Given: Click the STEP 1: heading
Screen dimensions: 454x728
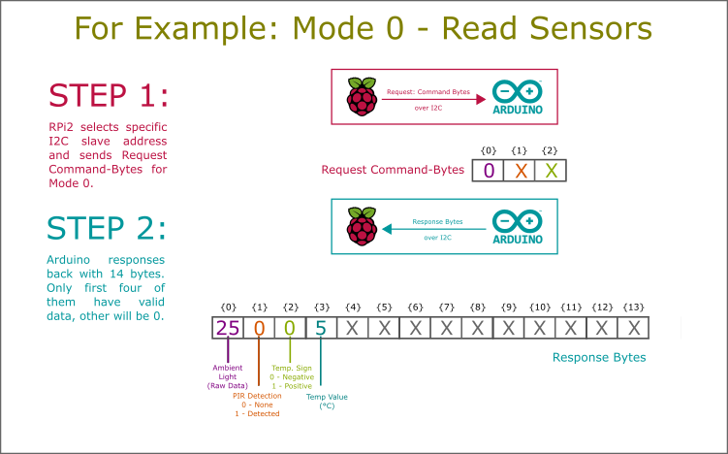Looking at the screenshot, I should pos(109,95).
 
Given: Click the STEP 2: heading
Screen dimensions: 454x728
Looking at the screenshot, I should pos(107,228).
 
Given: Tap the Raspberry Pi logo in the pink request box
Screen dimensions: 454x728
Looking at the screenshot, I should pos(362,97).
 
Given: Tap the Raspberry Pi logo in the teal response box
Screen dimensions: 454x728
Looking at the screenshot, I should pos(362,228).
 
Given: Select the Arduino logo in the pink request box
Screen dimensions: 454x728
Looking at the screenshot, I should pos(518,98).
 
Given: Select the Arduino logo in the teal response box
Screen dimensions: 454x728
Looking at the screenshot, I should pos(518,228).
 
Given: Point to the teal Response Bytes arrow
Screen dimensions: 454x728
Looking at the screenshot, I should pos(436,229).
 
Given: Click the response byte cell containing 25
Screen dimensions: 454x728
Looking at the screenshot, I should pos(228,328).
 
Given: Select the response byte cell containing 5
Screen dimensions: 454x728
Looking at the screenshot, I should pos(321,328).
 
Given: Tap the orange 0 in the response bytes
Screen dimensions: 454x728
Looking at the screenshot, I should pos(259,328).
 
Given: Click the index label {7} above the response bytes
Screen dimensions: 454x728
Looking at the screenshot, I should pos(446,307).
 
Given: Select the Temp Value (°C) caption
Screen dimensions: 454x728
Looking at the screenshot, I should pos(327,401).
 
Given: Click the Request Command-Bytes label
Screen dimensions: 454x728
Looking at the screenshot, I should pos(393,170).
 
